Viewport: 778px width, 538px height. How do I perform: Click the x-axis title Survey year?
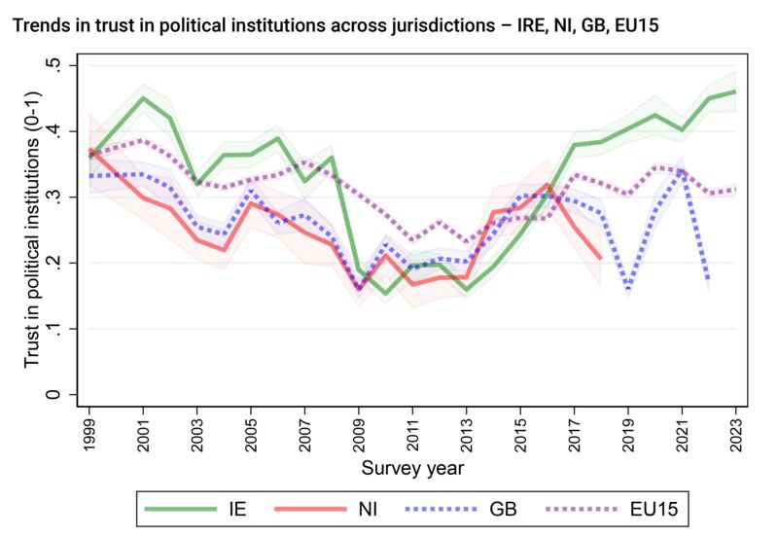tap(412, 468)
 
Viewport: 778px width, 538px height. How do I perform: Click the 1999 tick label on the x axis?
tap(90, 427)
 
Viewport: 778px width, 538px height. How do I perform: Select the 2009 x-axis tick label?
tap(359, 427)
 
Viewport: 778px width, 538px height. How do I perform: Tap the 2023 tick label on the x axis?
tap(735, 427)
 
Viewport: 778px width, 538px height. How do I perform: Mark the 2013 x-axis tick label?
tap(467, 427)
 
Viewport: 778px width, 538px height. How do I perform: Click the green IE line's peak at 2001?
tap(144, 97)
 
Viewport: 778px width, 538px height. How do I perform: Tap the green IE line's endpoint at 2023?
tap(735, 90)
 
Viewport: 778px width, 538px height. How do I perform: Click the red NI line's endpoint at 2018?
tap(601, 259)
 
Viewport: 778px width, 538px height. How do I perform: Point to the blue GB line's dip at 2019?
tap(628, 289)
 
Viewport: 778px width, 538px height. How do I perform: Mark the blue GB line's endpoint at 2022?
tap(708, 283)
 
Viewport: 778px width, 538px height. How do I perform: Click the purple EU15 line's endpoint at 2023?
tap(735, 189)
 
